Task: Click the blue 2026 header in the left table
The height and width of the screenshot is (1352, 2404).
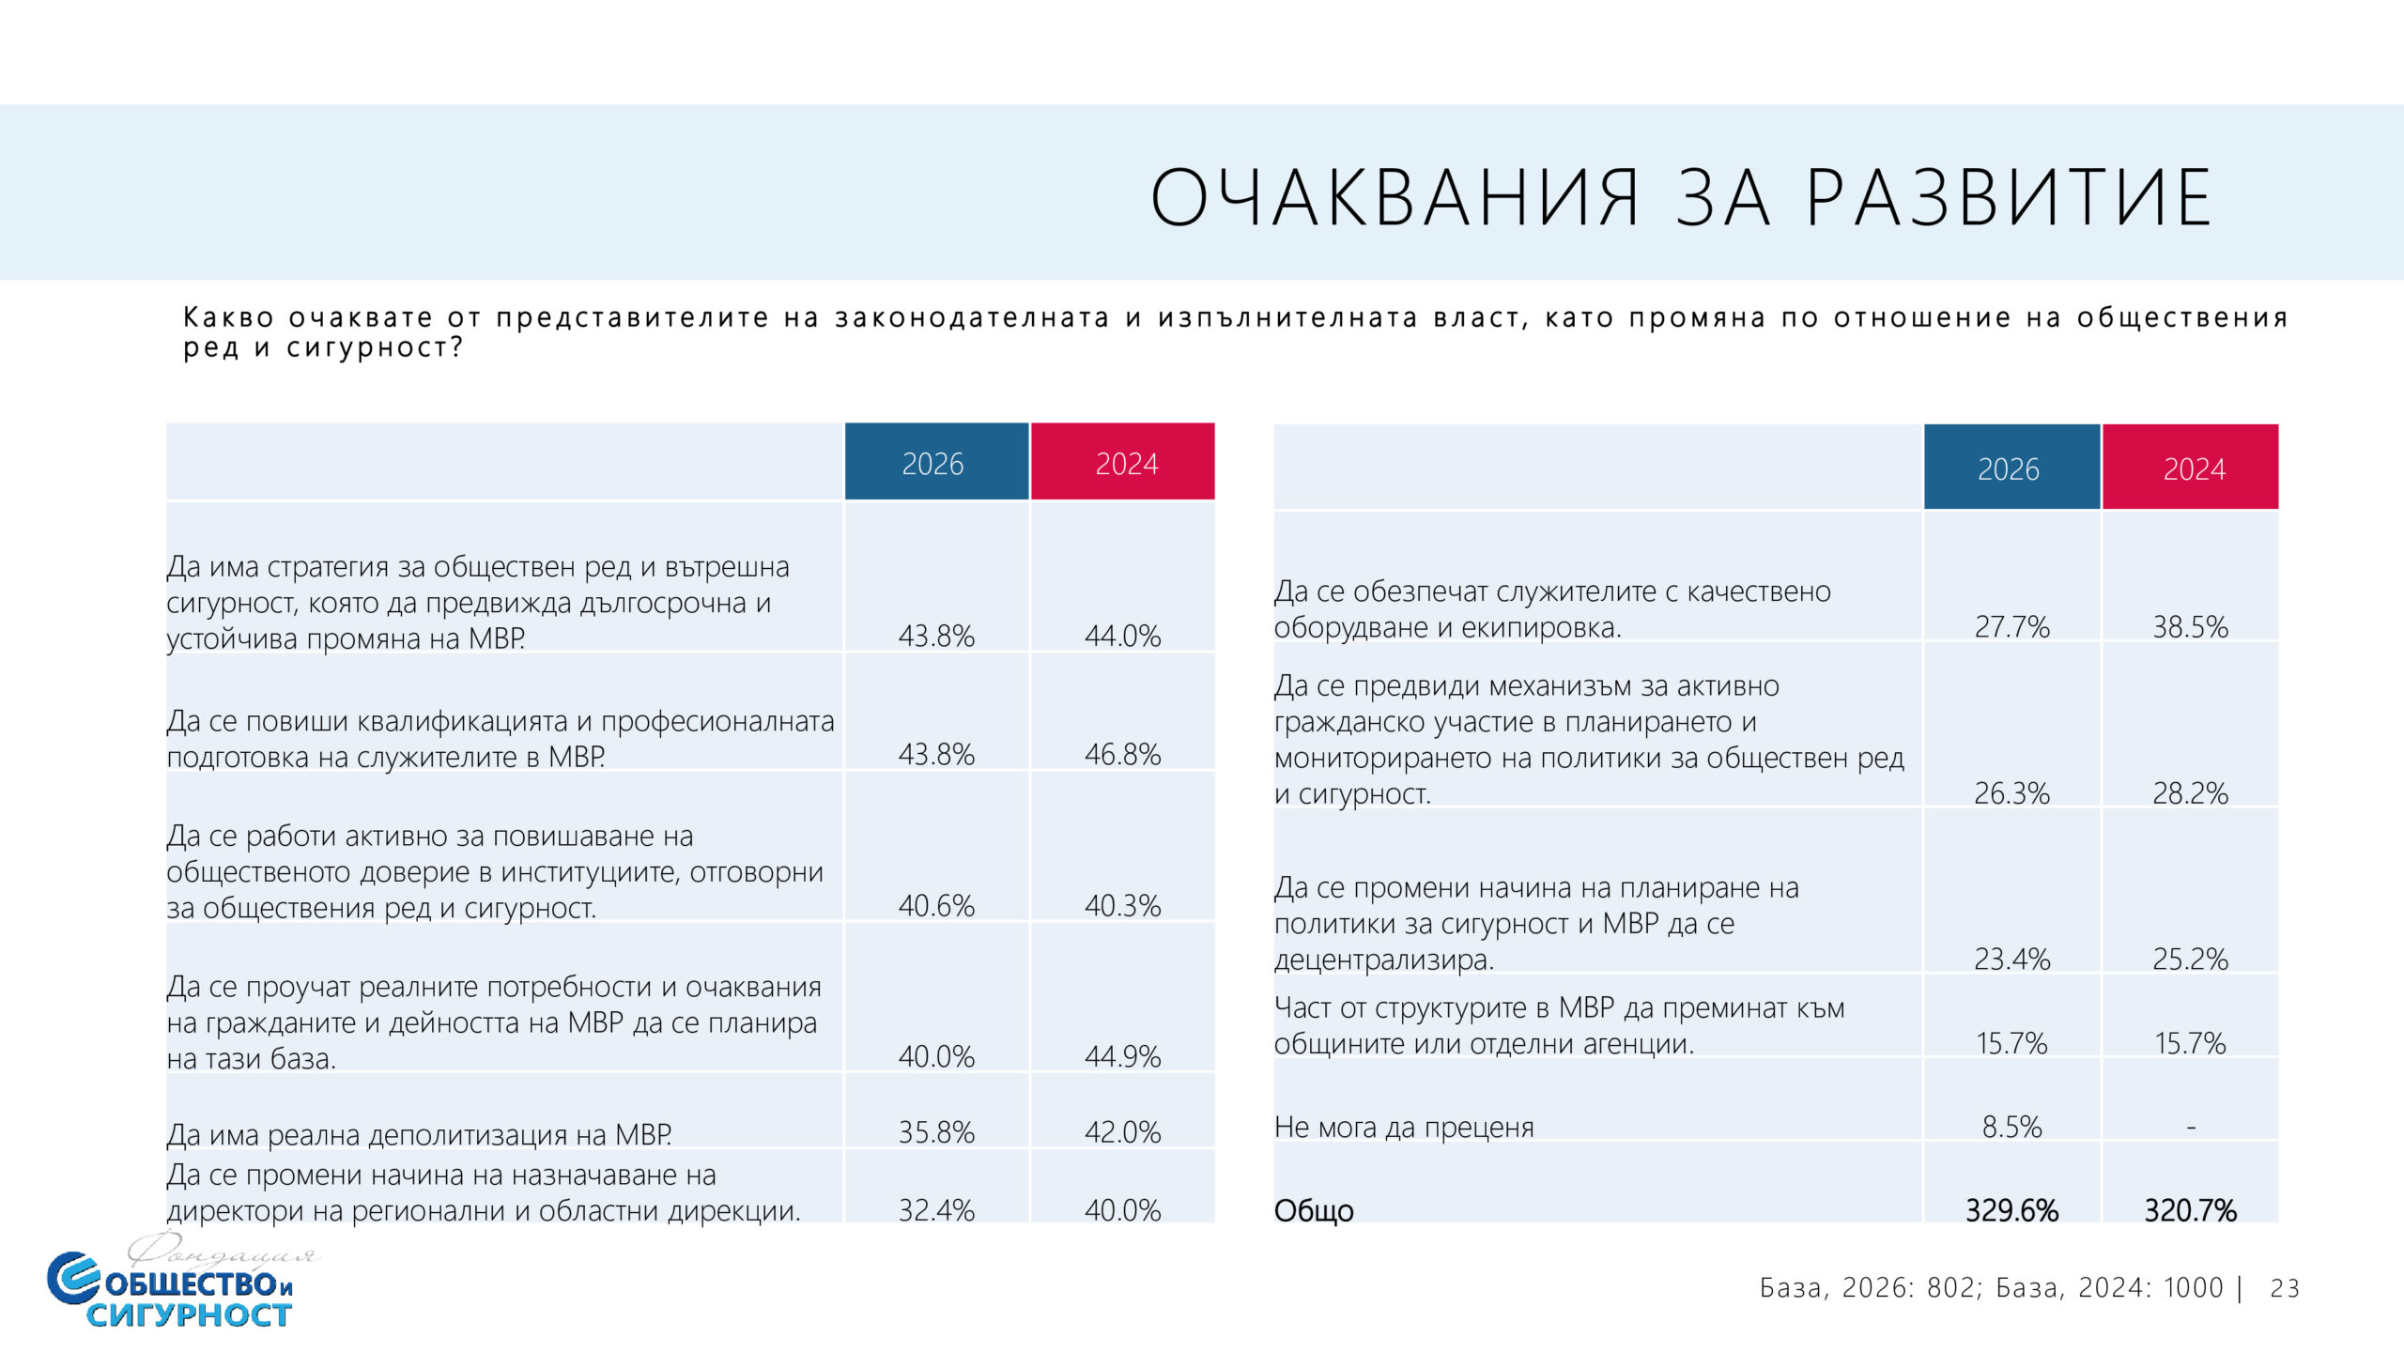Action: tap(935, 463)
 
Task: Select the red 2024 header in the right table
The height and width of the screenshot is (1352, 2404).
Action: tap(2193, 469)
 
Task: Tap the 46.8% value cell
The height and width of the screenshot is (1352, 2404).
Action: tap(1122, 754)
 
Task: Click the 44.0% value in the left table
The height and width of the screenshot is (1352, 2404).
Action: tap(1122, 636)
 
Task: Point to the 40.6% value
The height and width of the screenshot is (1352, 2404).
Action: tap(936, 905)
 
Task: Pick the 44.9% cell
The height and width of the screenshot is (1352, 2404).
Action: tap(1122, 1056)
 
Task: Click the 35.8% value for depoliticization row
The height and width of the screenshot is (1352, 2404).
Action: tap(936, 1132)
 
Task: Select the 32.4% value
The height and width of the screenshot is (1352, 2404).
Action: tap(936, 1210)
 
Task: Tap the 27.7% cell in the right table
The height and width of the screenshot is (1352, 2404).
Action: tap(2011, 626)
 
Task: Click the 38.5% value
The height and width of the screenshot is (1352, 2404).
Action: tap(2190, 626)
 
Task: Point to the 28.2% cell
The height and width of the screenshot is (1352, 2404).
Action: tap(2190, 793)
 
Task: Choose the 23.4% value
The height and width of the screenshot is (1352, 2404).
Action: tap(2011, 959)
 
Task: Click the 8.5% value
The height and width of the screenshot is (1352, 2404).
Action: tap(2011, 1127)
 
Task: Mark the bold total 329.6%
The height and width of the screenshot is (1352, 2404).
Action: tap(2011, 1210)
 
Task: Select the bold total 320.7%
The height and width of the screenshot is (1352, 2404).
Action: tap(2190, 1210)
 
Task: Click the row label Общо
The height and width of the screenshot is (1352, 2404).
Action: tap(1313, 1211)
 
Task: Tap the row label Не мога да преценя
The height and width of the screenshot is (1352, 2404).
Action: tap(1403, 1127)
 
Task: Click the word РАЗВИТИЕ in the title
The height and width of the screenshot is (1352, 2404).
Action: tap(2009, 197)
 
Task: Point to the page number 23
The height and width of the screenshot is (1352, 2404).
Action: tap(2285, 1288)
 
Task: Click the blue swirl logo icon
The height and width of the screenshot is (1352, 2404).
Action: tap(72, 1278)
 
